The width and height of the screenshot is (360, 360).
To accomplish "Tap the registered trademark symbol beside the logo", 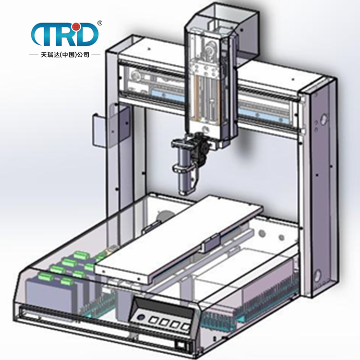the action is (x=100, y=23).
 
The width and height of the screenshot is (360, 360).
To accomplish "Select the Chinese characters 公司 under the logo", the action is (x=83, y=55).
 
